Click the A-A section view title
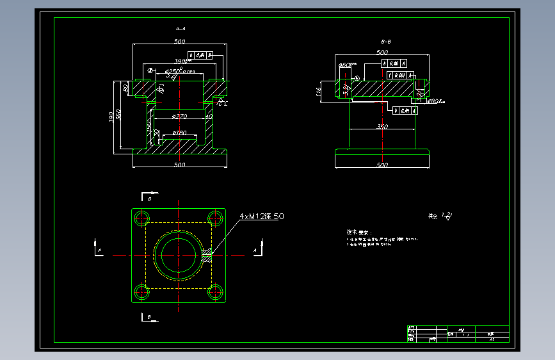(180, 29)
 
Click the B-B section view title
(386, 41)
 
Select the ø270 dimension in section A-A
(179, 117)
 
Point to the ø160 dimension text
(179, 133)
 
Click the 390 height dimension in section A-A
(111, 117)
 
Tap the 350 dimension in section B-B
(382, 127)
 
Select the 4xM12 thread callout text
(261, 217)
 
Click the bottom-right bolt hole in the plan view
(216, 293)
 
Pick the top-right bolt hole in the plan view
(216, 218)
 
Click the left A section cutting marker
(98, 249)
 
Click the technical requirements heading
(358, 232)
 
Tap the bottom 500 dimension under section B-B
(382, 166)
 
